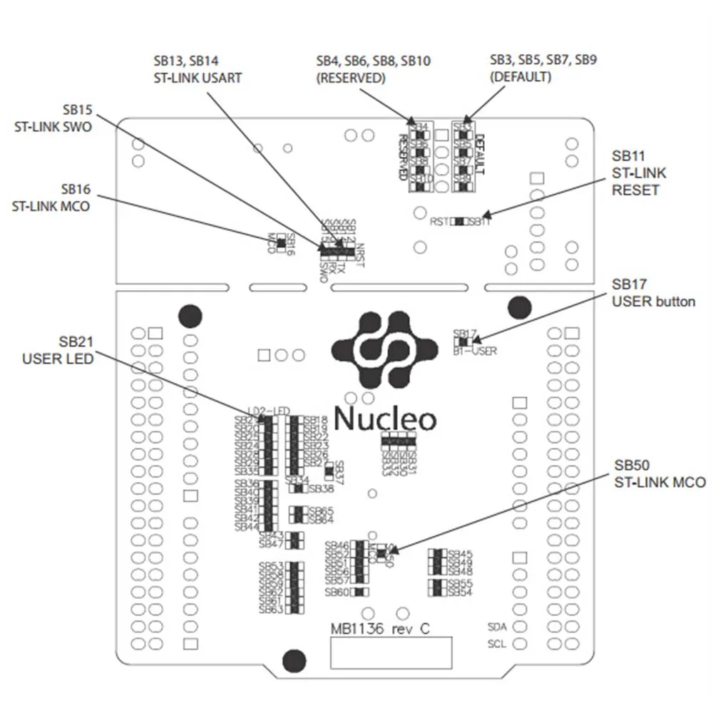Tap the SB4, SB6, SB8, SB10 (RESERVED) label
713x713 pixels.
[x=373, y=68]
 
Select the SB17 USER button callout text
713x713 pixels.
[x=653, y=292]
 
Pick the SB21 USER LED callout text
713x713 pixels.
[x=58, y=350]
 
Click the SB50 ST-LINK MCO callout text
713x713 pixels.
[x=660, y=473]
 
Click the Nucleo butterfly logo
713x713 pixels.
[x=384, y=349]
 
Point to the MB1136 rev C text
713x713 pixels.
[x=380, y=630]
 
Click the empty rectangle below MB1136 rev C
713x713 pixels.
[x=391, y=652]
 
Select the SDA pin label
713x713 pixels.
[x=497, y=627]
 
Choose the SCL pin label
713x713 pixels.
[x=497, y=643]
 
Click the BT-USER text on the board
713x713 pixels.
[x=475, y=351]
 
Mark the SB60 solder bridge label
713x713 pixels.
[x=337, y=592]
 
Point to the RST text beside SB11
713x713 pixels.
[x=439, y=222]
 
